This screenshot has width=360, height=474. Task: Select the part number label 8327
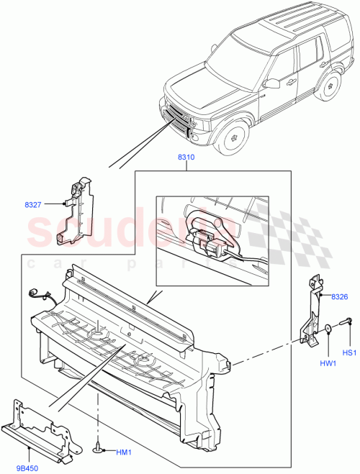coord(32,205)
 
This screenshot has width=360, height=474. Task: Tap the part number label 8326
coord(340,297)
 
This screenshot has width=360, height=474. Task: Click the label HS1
coord(349,353)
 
